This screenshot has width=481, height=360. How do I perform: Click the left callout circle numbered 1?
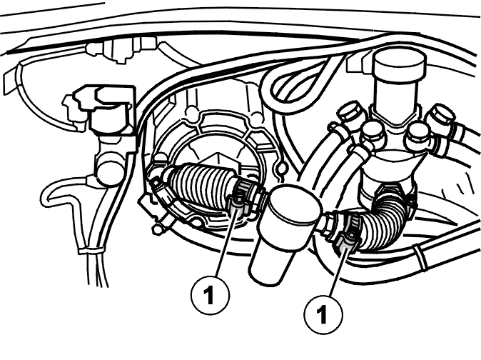(x=210, y=294)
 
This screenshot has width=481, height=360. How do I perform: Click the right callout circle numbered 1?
(x=323, y=314)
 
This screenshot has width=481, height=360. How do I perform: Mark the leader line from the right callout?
(x=338, y=272)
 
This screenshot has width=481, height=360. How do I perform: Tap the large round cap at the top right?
(x=399, y=65)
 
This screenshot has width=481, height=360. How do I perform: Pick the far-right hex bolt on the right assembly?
(x=441, y=116)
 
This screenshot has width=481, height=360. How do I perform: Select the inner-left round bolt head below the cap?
(x=372, y=132)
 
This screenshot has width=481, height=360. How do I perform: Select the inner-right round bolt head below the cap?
(x=417, y=134)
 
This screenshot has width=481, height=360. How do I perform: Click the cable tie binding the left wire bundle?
(x=91, y=250)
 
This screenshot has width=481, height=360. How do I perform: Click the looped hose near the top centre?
(x=295, y=82)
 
